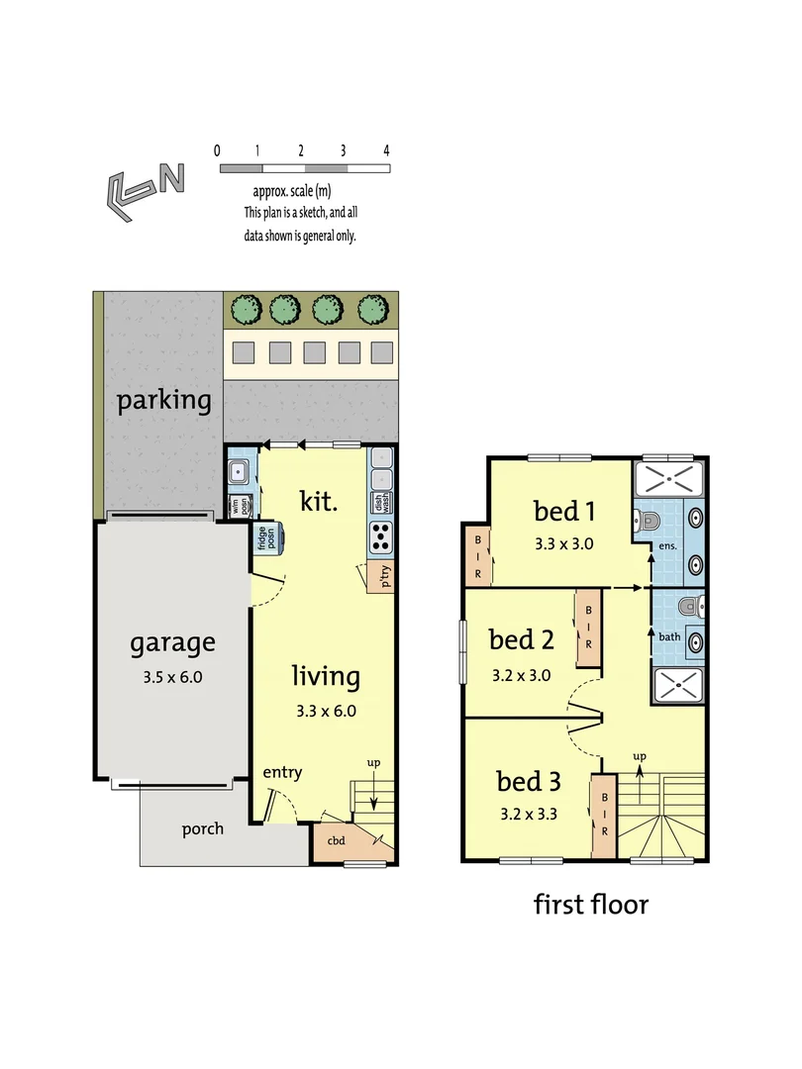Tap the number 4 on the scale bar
click(x=387, y=150)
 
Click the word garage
click(x=172, y=643)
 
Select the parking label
click(x=164, y=401)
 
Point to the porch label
click(x=202, y=828)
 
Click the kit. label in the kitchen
click(x=319, y=500)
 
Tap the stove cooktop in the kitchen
click(x=382, y=536)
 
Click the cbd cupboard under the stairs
click(x=337, y=840)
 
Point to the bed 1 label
click(x=564, y=511)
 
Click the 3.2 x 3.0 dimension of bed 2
click(x=521, y=677)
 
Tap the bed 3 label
click(x=529, y=782)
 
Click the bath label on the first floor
click(x=670, y=635)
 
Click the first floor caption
click(x=591, y=904)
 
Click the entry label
click(x=282, y=772)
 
